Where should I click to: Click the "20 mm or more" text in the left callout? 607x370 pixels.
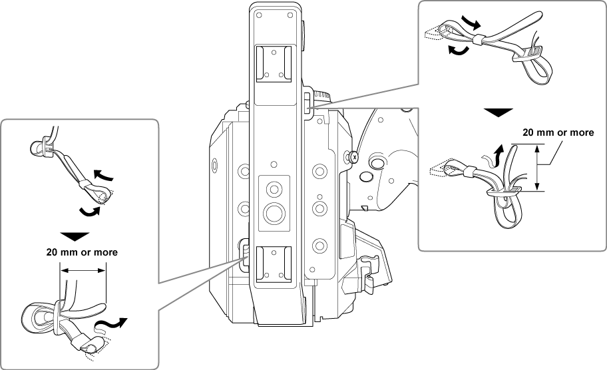pos(82,253)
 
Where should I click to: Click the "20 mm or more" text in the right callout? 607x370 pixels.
pos(558,133)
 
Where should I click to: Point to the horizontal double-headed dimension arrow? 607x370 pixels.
pos(83,270)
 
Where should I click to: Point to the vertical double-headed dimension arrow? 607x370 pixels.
pos(536,168)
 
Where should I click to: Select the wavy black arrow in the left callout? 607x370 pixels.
pos(110,325)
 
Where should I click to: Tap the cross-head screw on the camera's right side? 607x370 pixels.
pos(353,157)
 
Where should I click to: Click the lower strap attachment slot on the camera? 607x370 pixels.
pos(243,254)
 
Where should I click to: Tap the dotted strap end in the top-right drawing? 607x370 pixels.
pos(433,31)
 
